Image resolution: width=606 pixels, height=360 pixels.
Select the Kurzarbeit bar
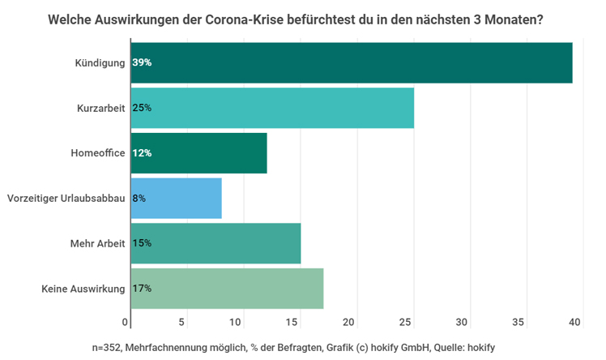(x=271, y=108)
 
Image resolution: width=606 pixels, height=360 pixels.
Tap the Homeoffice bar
(x=198, y=153)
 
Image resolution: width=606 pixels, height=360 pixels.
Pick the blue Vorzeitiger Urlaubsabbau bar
(x=175, y=198)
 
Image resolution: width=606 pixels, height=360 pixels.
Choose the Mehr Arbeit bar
(x=215, y=243)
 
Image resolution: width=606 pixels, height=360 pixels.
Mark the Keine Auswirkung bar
(x=226, y=288)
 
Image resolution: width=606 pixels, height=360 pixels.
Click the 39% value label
(x=142, y=62)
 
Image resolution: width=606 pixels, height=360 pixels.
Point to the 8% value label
(x=139, y=198)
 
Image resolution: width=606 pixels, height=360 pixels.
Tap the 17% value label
(x=142, y=288)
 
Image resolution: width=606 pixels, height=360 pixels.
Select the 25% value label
(x=142, y=108)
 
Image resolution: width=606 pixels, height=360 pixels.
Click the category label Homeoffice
(x=96, y=153)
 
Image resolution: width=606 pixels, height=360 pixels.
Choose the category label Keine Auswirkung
(x=83, y=288)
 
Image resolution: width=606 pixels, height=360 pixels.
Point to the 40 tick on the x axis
(x=575, y=323)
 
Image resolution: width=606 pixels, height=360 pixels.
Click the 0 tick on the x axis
(x=126, y=323)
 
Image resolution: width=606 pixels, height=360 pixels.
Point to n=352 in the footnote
(x=107, y=347)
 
